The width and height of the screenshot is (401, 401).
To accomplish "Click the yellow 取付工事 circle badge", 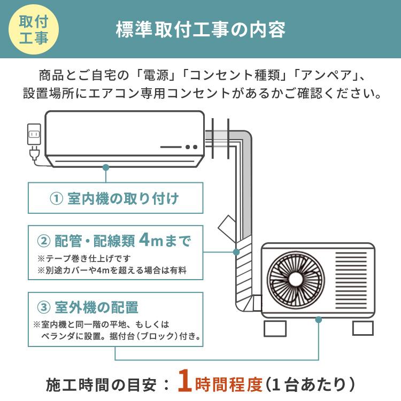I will [x=33, y=30].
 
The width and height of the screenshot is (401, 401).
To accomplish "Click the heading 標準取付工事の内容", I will [x=200, y=29].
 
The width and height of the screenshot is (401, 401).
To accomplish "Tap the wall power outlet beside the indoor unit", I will [x=34, y=134].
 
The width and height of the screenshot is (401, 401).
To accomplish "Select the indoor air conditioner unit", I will [x=124, y=138].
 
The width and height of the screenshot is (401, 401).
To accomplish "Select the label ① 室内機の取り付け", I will [x=114, y=199].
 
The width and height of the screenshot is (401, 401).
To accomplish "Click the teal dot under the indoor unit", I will [x=106, y=167].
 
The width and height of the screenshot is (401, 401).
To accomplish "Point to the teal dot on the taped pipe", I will [x=236, y=252].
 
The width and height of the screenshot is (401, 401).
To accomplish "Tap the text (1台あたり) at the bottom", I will [x=310, y=383].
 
